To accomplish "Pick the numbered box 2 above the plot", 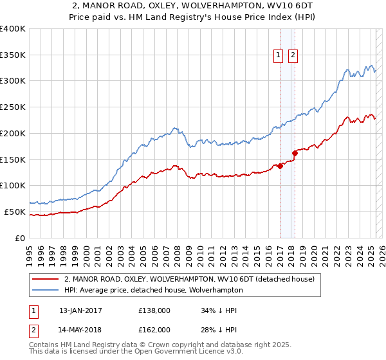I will click(293, 56).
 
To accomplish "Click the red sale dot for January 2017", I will click(280, 166).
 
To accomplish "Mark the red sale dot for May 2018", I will click(295, 153).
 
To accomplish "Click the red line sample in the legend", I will click(45, 279).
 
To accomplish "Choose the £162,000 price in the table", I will click(154, 329).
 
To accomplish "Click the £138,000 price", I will click(154, 310).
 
